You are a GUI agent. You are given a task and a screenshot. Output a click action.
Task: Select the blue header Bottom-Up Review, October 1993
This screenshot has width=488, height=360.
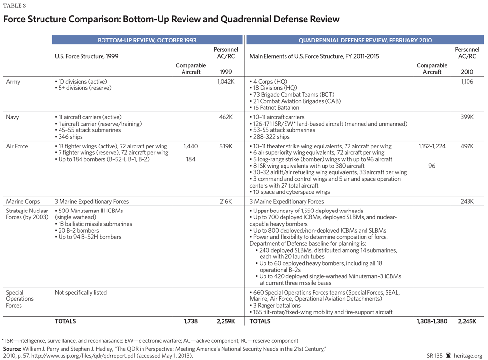tap(147, 40)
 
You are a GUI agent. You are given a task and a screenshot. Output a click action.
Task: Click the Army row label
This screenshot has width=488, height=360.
tap(13, 82)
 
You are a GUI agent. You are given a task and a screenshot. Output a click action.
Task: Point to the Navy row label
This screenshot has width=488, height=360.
tap(13, 117)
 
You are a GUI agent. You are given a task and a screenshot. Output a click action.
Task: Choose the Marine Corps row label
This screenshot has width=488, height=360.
tap(23, 201)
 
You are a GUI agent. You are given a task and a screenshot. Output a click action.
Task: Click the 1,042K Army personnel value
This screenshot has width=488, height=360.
tap(226, 82)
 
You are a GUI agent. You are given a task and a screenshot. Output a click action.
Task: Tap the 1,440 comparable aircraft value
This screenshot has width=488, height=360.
tap(191, 146)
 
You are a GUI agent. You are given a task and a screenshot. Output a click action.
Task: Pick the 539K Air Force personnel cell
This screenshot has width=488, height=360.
tap(226, 146)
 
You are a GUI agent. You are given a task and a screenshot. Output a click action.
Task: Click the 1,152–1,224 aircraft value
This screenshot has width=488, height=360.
tap(432, 146)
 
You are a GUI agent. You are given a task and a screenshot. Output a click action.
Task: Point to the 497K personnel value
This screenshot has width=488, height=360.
tap(467, 146)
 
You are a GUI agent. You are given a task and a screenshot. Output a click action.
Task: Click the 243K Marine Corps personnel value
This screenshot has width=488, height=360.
tap(467, 201)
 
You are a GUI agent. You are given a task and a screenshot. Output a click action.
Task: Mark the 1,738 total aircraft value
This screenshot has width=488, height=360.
tap(191, 321)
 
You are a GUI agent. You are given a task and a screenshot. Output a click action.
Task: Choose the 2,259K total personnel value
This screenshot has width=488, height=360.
tap(226, 321)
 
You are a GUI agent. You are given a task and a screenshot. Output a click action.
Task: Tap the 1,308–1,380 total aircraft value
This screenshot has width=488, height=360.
tap(432, 321)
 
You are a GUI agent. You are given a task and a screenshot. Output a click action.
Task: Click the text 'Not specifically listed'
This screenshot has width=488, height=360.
tap(81, 293)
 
